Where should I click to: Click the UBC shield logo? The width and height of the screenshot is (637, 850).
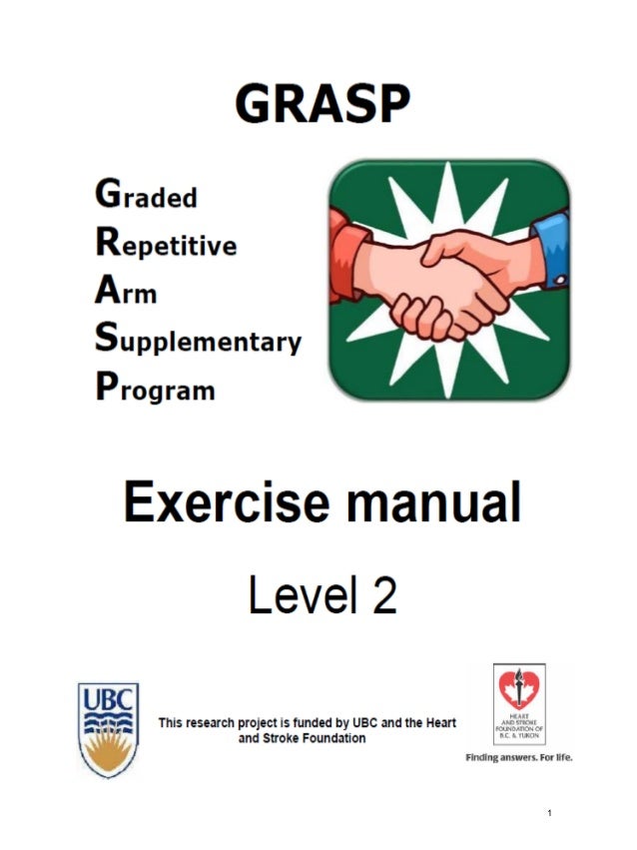tap(109, 729)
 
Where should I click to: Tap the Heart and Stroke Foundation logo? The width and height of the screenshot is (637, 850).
tap(520, 705)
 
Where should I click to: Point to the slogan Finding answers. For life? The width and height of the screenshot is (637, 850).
tap(519, 758)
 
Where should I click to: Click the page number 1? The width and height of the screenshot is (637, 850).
tap(549, 814)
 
